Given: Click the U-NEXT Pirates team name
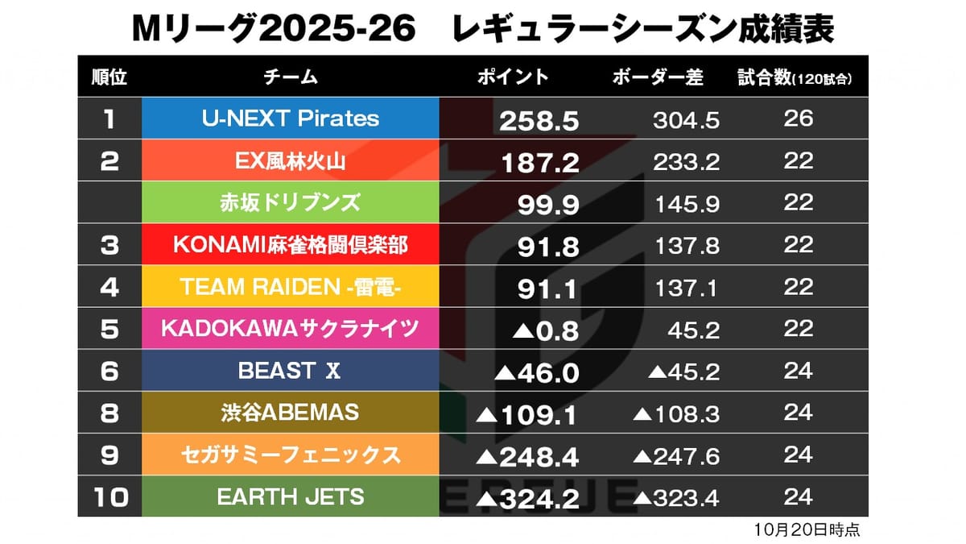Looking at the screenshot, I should coord(290,118).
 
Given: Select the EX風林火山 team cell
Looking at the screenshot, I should coord(290,161).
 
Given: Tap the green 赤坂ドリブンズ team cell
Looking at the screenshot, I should coord(290,203).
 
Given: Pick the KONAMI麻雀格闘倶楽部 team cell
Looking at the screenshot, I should coord(290,245).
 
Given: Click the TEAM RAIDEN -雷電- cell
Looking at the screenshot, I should coord(290,287).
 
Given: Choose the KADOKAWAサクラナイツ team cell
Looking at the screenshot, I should coord(290,329).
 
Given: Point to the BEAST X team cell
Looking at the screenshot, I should coord(290,371).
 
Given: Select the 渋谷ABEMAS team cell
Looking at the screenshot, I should coord(290,413).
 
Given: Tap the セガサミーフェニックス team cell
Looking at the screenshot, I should coord(290,455).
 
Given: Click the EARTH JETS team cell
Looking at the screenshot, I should coord(290,496).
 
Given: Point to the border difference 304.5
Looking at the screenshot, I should coord(686,121).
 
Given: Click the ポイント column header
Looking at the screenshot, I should coord(513,77).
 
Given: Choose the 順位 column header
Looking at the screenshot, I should coord(109,77).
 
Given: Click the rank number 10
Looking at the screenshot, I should coord(109,497).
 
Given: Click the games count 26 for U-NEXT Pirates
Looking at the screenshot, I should coord(798,118).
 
